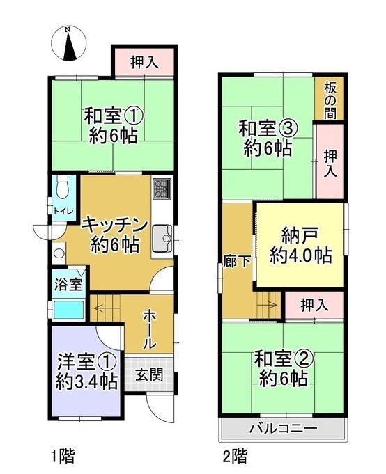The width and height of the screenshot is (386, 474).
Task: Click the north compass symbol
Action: [x=69, y=43]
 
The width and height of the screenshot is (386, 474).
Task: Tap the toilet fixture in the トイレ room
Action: [x=63, y=187]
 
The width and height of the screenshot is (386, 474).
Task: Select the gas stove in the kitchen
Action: [x=162, y=189]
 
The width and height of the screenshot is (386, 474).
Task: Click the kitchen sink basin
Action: [x=162, y=239]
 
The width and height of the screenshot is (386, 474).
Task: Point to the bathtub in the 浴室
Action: [x=68, y=310]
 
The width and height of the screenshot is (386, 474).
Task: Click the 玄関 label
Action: [x=149, y=374]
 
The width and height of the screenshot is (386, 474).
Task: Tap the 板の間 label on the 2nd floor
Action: [x=330, y=101]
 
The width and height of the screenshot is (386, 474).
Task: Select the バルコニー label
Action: [x=284, y=428]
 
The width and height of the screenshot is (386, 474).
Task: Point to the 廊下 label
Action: [x=237, y=261]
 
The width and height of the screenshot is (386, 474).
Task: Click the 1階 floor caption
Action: [x=62, y=456]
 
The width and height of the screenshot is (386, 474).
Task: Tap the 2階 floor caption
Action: [x=235, y=456]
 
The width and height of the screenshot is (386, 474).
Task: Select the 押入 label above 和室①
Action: [x=144, y=62]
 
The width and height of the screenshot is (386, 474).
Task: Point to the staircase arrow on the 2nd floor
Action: [x=267, y=305]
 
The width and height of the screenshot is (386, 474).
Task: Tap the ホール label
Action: [x=150, y=329]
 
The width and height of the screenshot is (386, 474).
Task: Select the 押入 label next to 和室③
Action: [x=330, y=164]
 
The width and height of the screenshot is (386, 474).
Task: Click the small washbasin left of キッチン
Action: [x=59, y=253]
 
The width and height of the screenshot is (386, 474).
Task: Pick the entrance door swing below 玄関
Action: [x=160, y=408]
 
